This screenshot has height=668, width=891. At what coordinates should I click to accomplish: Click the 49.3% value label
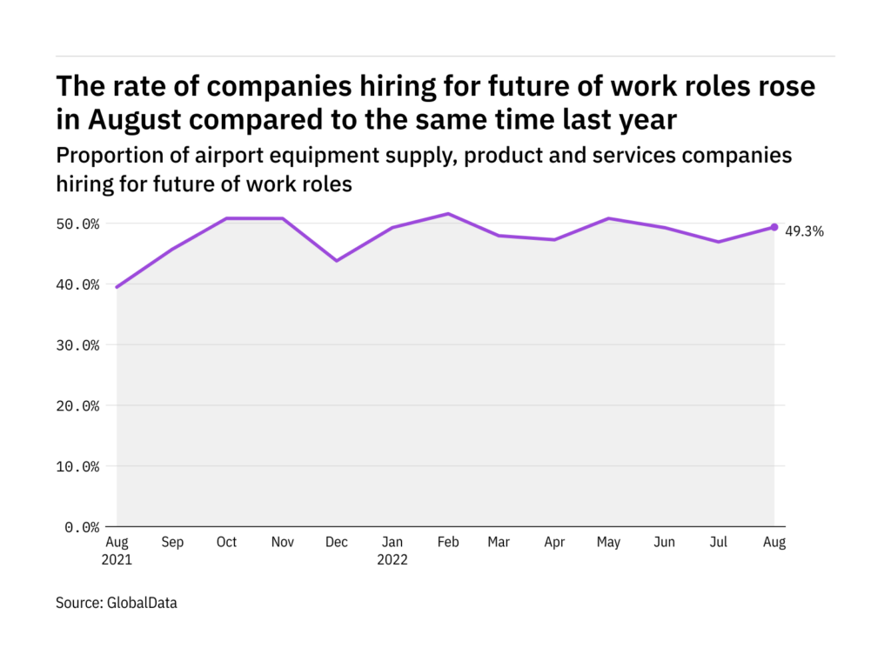click(804, 231)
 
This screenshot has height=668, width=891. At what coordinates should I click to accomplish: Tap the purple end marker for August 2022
click(774, 227)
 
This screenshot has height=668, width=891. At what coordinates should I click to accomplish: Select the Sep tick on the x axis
click(172, 543)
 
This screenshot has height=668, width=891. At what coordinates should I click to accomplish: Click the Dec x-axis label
click(337, 543)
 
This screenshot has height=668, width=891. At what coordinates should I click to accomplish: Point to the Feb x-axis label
click(447, 543)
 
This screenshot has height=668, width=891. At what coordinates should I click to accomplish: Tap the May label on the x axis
click(609, 543)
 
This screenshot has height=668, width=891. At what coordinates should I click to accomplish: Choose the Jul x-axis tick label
click(720, 543)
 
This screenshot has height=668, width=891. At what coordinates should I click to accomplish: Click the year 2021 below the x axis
click(117, 560)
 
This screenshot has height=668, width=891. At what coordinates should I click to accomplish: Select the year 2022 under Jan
click(392, 560)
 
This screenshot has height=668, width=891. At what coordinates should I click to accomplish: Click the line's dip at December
click(337, 260)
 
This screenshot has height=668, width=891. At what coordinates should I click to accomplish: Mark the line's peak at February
click(447, 214)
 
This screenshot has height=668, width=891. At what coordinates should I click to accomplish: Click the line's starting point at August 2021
click(117, 286)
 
